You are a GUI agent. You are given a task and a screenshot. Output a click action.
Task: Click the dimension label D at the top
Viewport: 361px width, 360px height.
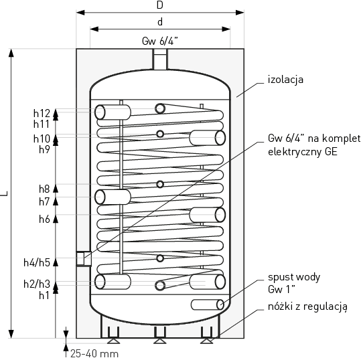160,5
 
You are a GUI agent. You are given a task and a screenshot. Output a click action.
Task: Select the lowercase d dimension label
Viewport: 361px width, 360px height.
160,22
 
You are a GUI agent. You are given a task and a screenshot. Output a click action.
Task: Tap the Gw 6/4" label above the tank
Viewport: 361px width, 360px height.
160,41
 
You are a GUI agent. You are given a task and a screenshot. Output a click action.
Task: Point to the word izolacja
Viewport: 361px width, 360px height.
285,80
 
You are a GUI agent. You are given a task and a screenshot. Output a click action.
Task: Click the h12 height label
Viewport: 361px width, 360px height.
42,113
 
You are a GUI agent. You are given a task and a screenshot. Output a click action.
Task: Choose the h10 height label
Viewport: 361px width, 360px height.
42,139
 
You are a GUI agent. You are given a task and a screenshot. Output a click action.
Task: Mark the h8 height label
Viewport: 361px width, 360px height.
44,189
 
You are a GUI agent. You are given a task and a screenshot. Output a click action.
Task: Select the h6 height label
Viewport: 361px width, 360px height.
44,219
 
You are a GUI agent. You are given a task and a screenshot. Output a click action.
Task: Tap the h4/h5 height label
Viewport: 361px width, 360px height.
37,262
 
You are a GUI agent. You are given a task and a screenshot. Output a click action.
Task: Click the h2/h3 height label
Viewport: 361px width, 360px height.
37,284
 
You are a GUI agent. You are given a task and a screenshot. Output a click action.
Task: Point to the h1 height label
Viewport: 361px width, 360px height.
44,295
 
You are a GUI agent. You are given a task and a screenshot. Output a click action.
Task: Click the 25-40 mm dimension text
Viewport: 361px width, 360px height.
94,353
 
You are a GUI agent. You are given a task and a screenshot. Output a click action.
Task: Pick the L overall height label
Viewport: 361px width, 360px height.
5,193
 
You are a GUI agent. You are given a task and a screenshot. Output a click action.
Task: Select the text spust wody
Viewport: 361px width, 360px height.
294,278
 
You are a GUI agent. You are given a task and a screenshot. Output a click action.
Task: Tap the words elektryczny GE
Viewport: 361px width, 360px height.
303,152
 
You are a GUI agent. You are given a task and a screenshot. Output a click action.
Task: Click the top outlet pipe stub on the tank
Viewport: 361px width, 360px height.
160,59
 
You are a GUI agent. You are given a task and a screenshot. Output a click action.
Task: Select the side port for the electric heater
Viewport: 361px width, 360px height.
84,259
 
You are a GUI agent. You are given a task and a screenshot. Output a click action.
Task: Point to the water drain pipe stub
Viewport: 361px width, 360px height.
207,304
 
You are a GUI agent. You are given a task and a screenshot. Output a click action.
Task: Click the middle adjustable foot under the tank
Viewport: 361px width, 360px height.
160,335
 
